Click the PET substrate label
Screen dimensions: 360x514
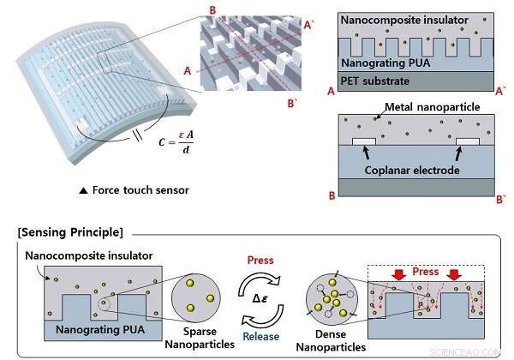click(x=378, y=81)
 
